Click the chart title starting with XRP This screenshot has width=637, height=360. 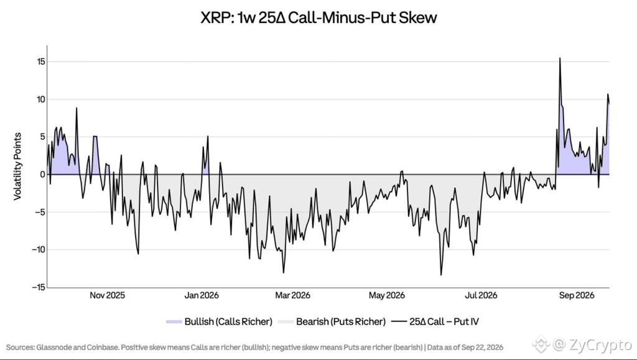pyautogui.click(x=318, y=17)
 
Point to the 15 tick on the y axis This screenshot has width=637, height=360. pyautogui.click(x=40, y=62)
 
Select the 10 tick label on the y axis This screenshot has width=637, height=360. pyautogui.click(x=40, y=99)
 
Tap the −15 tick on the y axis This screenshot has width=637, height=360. pyautogui.click(x=39, y=287)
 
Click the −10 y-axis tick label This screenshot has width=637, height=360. pyautogui.click(x=39, y=249)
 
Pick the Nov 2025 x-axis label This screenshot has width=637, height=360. pyautogui.click(x=107, y=295)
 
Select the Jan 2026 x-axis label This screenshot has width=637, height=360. pyautogui.click(x=202, y=295)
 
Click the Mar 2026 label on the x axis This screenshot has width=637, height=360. pyautogui.click(x=292, y=295)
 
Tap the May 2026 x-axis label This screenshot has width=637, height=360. pyautogui.click(x=387, y=295)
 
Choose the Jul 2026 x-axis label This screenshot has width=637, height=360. pyautogui.click(x=481, y=295)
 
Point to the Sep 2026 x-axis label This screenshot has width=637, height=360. pyautogui.click(x=577, y=295)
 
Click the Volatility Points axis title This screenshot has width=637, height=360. pyautogui.click(x=17, y=167)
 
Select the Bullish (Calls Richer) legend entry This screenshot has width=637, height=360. pyautogui.click(x=220, y=322)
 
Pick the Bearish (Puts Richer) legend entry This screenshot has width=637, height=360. pyautogui.click(x=332, y=322)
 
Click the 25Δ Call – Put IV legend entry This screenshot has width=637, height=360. pyautogui.click(x=435, y=322)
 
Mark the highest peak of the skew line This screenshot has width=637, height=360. pyautogui.click(x=560, y=58)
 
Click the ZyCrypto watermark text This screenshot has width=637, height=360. pyautogui.click(x=600, y=345)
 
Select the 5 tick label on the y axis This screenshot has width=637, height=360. pyautogui.click(x=42, y=137)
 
